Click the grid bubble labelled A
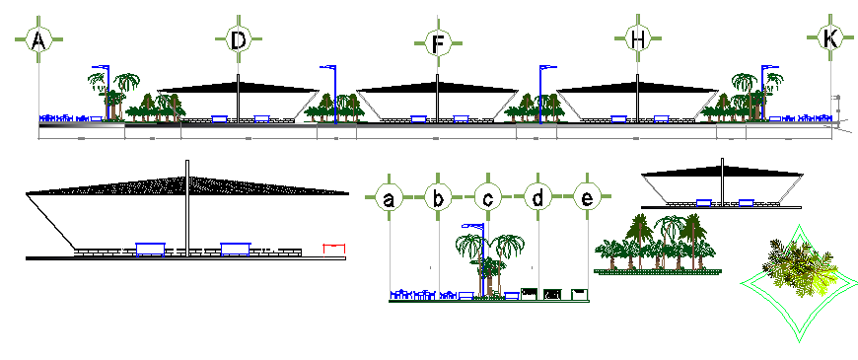point(38,40)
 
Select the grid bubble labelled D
point(238,40)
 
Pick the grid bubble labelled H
point(638,40)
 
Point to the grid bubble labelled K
point(830,39)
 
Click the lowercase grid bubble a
point(390,199)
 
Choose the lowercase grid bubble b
point(439,199)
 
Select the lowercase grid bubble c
point(488,199)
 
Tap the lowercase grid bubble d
point(538,199)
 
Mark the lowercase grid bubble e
point(588,199)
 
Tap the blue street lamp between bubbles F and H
point(541,94)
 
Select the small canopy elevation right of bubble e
point(722,187)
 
